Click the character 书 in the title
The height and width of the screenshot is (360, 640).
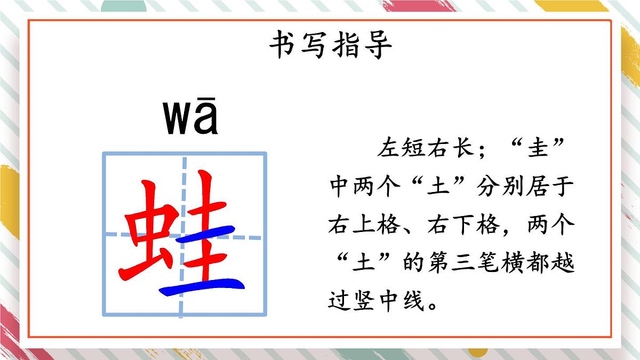click(283, 45)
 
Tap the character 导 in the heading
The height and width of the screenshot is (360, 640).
click(378, 45)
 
